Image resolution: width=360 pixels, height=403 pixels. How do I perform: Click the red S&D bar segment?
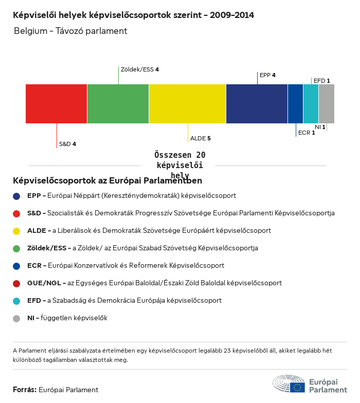pyautogui.click(x=57, y=104)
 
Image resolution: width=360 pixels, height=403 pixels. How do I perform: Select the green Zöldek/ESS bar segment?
pyautogui.click(x=118, y=104)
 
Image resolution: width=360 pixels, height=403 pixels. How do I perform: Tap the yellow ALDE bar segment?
pyautogui.click(x=188, y=104)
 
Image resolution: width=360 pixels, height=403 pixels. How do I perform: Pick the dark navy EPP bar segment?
pyautogui.click(x=257, y=104)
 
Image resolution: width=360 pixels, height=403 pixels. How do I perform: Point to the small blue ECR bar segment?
pyautogui.click(x=295, y=104)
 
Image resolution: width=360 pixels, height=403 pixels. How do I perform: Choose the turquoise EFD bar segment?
pyautogui.click(x=311, y=104)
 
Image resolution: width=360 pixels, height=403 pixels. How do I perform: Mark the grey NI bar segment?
pyautogui.click(x=327, y=104)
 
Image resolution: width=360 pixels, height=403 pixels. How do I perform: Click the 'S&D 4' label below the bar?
pyautogui.click(x=67, y=144)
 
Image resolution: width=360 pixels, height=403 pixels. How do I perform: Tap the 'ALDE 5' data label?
pyautogui.click(x=201, y=138)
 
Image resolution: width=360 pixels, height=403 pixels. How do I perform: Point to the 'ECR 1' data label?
pyautogui.click(x=307, y=133)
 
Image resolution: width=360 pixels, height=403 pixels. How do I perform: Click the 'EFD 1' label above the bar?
pyautogui.click(x=321, y=81)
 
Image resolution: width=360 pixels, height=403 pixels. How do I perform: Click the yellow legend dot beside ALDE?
pyautogui.click(x=16, y=231)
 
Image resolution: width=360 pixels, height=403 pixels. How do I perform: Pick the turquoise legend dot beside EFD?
pyautogui.click(x=16, y=301)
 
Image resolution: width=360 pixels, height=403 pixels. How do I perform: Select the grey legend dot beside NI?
pyautogui.click(x=16, y=318)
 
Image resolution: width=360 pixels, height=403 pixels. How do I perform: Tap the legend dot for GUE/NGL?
pyautogui.click(x=16, y=283)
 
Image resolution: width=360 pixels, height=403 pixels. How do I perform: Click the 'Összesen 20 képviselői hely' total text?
pyautogui.click(x=179, y=165)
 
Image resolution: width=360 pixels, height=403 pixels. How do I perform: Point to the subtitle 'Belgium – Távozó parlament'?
pyautogui.click(x=70, y=31)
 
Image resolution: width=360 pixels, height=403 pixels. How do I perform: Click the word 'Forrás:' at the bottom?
pyautogui.click(x=24, y=390)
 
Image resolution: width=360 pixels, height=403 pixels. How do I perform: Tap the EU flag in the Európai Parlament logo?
pyautogui.click(x=297, y=387)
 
